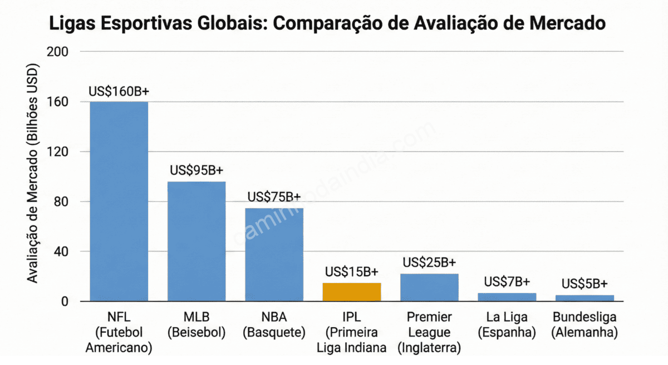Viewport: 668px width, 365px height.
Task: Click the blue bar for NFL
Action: [x=119, y=201]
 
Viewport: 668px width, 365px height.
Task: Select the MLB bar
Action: [x=197, y=241]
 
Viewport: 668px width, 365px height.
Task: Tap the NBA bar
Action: [x=274, y=255]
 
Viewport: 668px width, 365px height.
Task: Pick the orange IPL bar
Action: [x=352, y=292]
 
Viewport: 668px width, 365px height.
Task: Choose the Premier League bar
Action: [x=429, y=288]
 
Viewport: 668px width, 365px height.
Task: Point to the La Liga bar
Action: [x=507, y=297]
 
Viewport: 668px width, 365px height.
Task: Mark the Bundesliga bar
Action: [x=584, y=298]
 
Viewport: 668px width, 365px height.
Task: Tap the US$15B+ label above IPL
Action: [x=352, y=272]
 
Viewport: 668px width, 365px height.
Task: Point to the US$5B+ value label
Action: [x=584, y=284]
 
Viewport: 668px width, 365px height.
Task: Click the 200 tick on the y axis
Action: [x=57, y=52]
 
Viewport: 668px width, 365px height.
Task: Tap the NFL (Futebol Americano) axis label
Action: [x=119, y=333]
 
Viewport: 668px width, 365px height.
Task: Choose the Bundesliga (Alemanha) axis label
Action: [x=584, y=325]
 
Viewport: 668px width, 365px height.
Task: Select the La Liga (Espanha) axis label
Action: [x=507, y=325]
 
